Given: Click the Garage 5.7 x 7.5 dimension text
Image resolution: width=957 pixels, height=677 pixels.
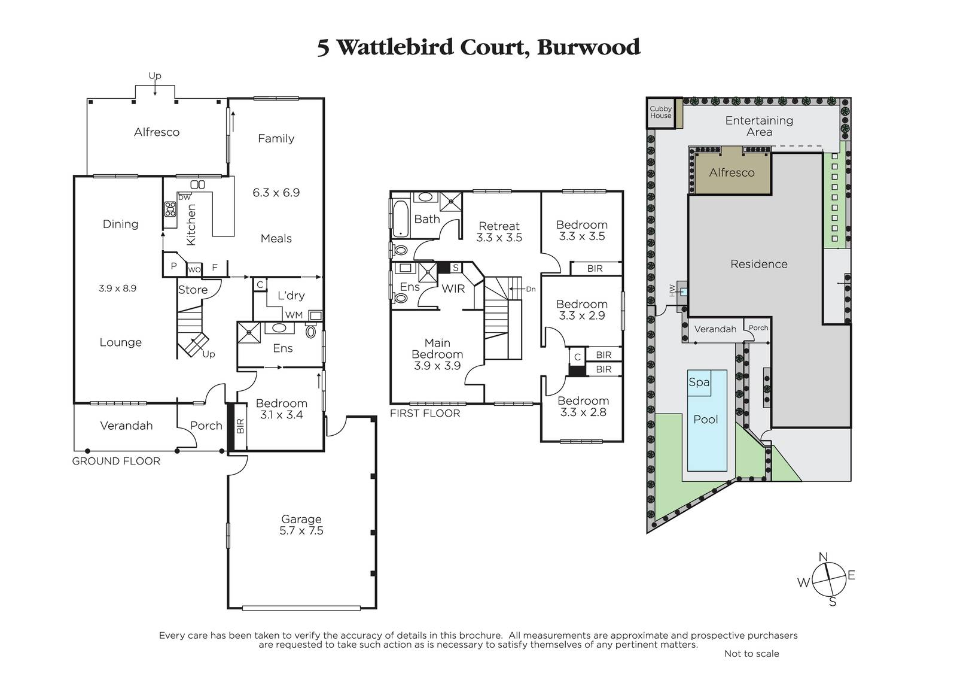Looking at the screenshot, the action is click(301, 531).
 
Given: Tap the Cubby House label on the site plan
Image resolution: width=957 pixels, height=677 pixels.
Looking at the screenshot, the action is click(660, 112).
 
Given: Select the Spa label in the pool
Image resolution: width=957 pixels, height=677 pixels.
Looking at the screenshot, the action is click(699, 382).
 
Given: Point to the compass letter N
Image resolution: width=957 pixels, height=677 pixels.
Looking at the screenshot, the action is click(823, 557).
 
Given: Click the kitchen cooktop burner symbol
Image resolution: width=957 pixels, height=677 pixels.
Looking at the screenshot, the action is click(170, 209).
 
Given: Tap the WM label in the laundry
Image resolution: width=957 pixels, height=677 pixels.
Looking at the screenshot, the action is click(294, 315).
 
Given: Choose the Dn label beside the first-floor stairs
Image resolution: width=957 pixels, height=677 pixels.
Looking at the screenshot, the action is click(531, 289).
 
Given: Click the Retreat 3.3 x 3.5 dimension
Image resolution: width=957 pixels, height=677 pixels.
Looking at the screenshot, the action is click(499, 238).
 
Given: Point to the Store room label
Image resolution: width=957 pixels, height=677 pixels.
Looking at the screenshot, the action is click(193, 290).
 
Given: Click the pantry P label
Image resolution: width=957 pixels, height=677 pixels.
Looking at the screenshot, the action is click(173, 266).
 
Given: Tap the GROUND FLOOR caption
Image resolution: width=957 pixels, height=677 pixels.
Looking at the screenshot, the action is click(116, 461).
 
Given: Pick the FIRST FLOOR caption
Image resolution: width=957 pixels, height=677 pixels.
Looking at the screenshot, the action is click(425, 413).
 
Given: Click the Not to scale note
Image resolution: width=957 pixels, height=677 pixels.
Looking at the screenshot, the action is click(751, 654).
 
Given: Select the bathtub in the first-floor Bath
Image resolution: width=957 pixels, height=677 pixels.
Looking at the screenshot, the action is click(401, 218).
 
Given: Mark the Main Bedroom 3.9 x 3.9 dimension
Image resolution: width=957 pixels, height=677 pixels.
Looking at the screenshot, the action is click(437, 366).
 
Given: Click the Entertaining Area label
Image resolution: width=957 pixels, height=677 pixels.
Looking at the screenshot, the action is click(759, 126).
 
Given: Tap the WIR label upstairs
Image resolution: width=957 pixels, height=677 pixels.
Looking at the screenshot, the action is click(453, 289).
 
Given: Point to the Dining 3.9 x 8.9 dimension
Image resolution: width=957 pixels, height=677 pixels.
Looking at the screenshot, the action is click(117, 289).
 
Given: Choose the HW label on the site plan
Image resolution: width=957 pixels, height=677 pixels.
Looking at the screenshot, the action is click(672, 291).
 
